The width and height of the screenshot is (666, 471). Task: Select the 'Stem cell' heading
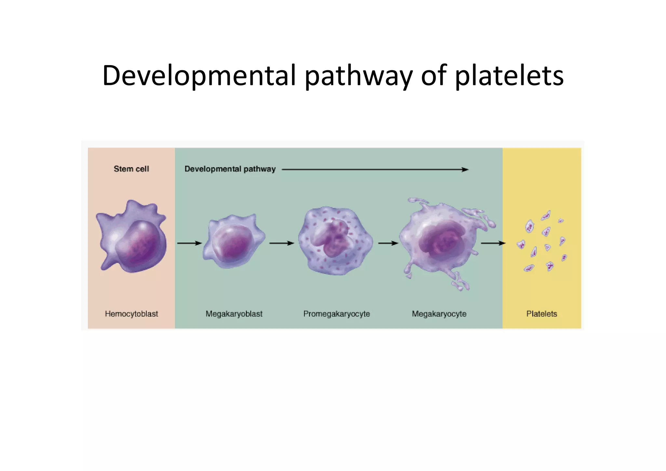131,169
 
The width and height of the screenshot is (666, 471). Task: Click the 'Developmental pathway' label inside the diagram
230,169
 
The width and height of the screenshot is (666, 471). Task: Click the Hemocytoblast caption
131,314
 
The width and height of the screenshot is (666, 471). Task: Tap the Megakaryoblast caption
234,314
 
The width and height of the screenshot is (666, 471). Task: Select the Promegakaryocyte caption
337,314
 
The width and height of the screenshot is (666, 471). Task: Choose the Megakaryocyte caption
439,314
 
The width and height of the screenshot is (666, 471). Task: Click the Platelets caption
541,314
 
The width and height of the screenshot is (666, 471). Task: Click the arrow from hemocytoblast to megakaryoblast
189,243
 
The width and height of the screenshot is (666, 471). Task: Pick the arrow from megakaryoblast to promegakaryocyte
282,243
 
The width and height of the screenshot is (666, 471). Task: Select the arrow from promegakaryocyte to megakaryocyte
388,243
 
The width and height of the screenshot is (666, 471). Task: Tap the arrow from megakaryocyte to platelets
493,243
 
